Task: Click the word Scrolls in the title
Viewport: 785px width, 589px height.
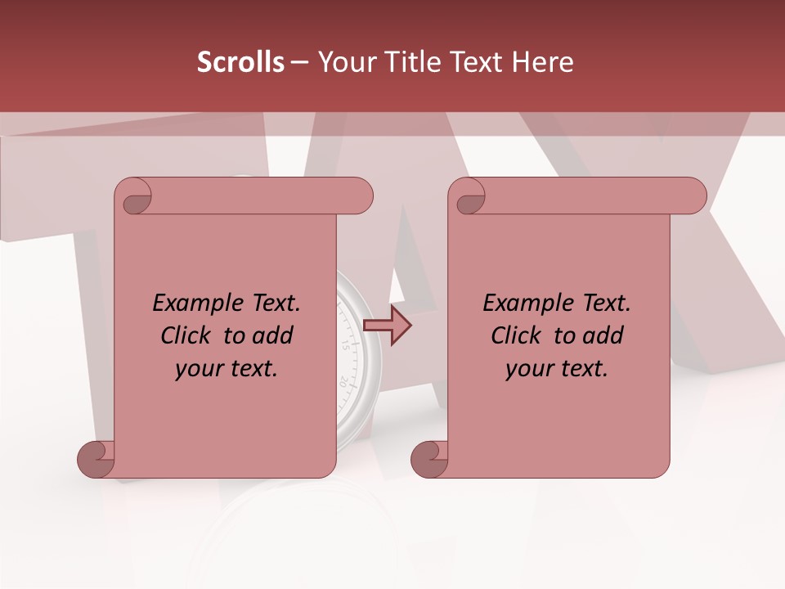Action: tap(240, 62)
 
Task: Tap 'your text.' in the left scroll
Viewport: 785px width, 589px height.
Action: tap(227, 369)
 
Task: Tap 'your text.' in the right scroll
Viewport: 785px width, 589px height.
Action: tap(557, 369)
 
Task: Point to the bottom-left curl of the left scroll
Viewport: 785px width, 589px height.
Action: tap(96, 458)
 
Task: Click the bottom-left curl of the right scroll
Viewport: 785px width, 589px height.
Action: tap(429, 458)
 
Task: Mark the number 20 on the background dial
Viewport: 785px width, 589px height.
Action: tap(343, 380)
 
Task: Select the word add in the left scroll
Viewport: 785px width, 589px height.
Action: tap(274, 335)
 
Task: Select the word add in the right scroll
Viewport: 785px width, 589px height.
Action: tap(604, 335)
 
